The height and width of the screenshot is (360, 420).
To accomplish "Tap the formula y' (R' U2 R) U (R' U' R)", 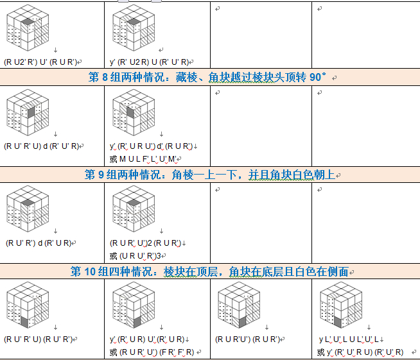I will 150,62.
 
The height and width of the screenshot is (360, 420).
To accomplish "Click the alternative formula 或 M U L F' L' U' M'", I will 146,159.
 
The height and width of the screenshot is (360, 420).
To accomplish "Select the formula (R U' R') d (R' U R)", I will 40,243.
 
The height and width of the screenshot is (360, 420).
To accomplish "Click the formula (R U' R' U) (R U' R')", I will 40,339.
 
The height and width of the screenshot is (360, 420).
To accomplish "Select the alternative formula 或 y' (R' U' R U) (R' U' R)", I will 360,352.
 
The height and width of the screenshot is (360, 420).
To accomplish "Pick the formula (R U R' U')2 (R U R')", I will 148,243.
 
